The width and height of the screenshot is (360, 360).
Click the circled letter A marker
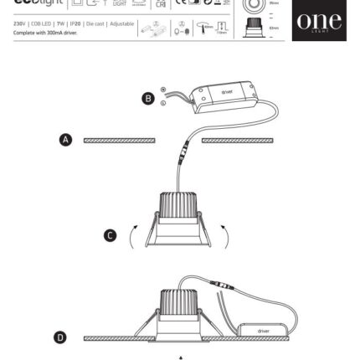click(x=65, y=140)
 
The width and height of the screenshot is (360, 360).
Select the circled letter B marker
click(x=148, y=99)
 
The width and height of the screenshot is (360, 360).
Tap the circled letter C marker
click(x=110, y=236)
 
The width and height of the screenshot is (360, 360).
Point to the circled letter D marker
click(x=60, y=337)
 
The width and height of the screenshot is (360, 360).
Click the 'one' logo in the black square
click(x=318, y=21)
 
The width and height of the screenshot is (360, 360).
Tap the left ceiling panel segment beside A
click(x=119, y=140)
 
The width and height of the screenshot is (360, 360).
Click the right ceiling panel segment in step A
click(x=236, y=140)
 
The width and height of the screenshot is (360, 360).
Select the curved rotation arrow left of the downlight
click(x=131, y=237)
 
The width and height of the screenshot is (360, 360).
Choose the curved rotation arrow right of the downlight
click(x=224, y=237)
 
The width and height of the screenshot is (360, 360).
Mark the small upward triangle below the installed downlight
click(x=180, y=357)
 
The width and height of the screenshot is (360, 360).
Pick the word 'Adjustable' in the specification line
click(x=122, y=23)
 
